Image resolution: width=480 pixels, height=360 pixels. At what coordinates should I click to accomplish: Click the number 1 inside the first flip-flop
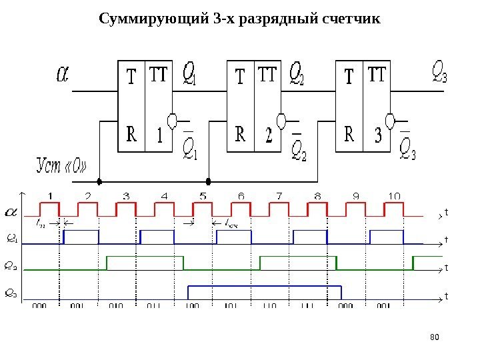(159, 137)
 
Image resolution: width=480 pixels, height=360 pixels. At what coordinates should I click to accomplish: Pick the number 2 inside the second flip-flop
(268, 137)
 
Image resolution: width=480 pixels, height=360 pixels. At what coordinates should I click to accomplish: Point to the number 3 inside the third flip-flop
(378, 137)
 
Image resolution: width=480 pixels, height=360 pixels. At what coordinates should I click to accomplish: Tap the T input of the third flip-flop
(349, 78)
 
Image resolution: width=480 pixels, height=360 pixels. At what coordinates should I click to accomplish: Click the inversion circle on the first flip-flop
(172, 121)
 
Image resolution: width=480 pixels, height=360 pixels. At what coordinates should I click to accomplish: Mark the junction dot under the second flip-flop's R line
(209, 181)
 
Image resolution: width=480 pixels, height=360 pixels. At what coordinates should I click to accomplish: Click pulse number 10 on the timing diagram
(393, 195)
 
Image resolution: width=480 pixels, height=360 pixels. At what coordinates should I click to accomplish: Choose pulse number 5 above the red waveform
(203, 195)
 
